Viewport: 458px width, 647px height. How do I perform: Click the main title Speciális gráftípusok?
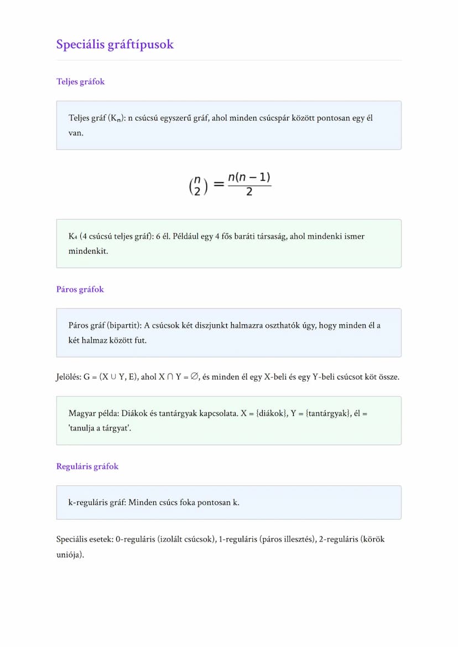(114, 44)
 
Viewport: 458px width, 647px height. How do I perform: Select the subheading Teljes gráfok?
(80, 82)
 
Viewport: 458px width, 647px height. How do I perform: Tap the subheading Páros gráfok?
(80, 290)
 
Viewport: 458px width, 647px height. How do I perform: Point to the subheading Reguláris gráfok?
(87, 466)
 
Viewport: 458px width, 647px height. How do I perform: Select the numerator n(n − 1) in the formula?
(249, 178)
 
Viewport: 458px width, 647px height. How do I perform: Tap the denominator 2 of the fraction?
(249, 193)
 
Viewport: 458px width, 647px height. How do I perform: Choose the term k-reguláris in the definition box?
(90, 503)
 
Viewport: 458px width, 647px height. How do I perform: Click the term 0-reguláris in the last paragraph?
(136, 539)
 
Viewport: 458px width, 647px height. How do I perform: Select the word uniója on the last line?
(69, 554)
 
